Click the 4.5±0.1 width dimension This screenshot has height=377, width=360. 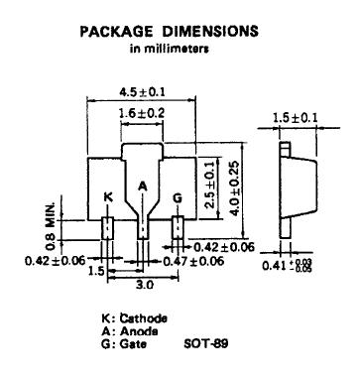[x=142, y=91]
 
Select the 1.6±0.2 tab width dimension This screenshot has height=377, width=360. [x=142, y=113]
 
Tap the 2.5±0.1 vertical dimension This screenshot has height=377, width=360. [x=210, y=185]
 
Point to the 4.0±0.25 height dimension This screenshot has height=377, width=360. [x=234, y=188]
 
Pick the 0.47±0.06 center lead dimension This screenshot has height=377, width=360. [x=193, y=261]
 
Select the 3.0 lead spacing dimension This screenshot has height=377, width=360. [x=145, y=284]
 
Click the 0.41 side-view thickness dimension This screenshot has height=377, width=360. [x=287, y=265]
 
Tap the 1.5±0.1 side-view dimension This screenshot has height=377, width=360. [x=295, y=117]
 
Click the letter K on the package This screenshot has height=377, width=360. [x=108, y=197]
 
